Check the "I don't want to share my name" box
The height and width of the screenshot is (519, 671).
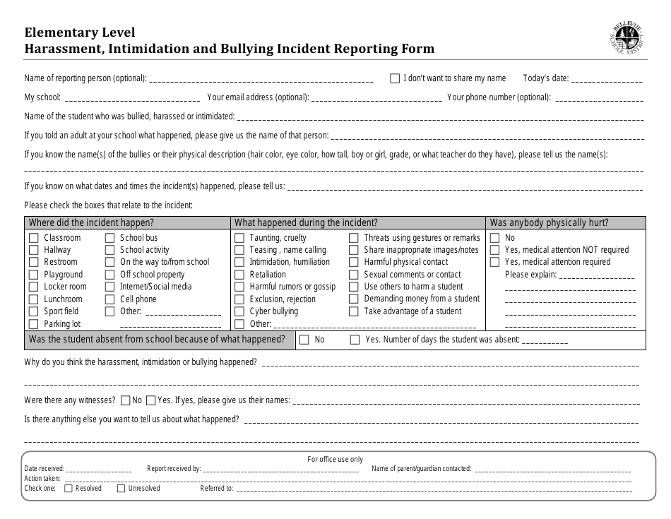click(395, 78)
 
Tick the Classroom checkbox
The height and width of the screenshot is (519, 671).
click(33, 238)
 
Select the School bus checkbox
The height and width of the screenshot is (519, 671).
click(109, 238)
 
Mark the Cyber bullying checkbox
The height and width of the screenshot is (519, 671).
click(239, 311)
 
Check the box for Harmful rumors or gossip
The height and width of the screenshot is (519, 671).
click(239, 287)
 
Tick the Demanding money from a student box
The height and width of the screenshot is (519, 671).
click(353, 299)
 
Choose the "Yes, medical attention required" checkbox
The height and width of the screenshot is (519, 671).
click(494, 262)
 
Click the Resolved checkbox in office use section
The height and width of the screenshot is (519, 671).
click(69, 488)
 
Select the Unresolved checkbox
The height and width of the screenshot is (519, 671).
click(121, 488)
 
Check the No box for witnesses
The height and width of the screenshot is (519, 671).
click(126, 400)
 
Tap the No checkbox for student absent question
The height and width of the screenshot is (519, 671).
click(304, 340)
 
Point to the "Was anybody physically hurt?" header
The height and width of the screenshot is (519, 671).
click(549, 222)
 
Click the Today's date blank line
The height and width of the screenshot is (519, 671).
click(607, 80)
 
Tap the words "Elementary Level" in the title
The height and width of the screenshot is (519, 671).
click(80, 32)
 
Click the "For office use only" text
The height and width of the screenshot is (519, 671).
click(335, 459)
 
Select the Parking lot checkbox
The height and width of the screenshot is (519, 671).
click(33, 323)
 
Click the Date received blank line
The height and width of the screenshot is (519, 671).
click(99, 470)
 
